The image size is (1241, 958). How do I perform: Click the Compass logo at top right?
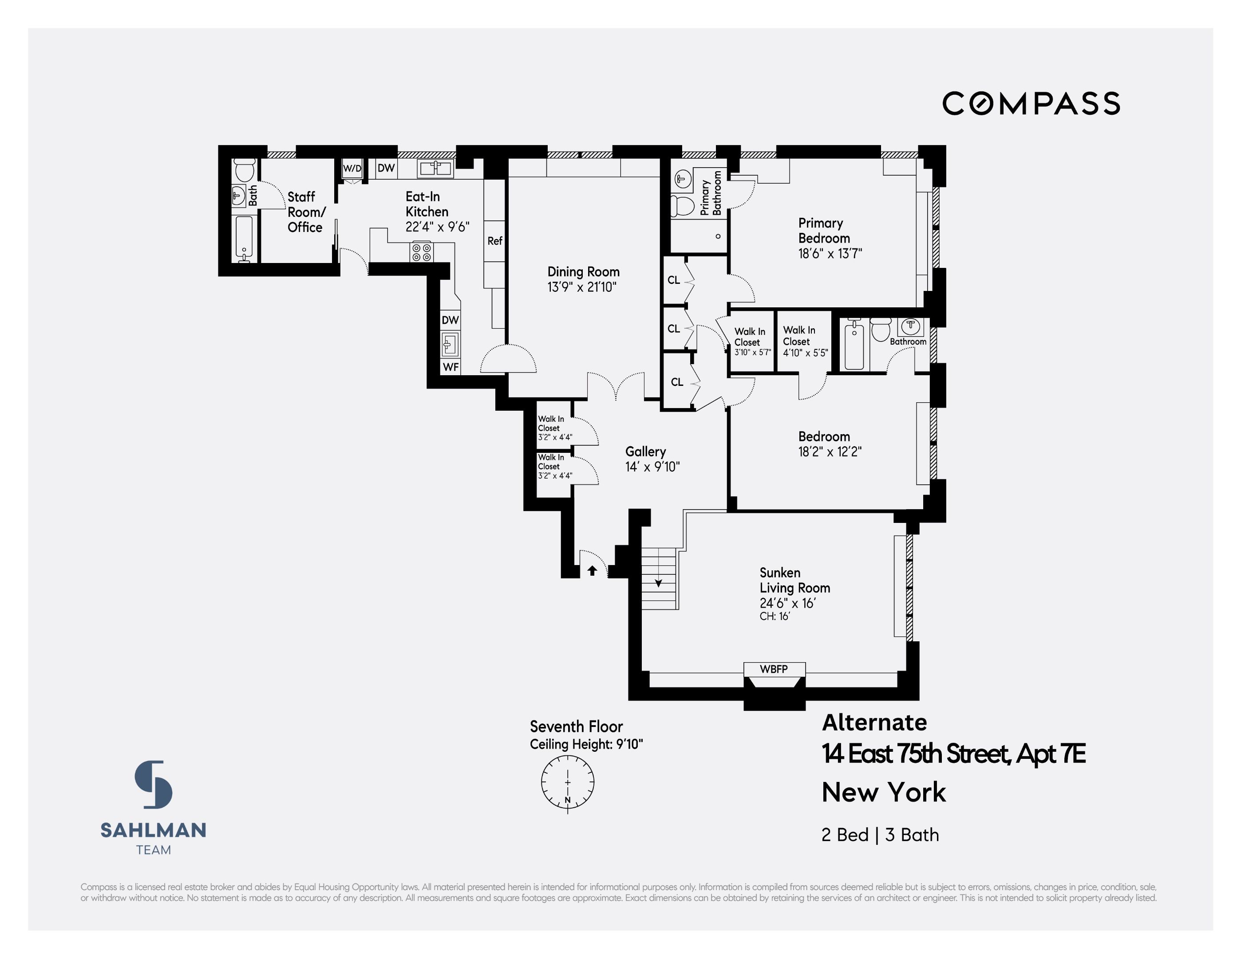(1031, 103)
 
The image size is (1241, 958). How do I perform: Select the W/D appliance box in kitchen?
(352, 169)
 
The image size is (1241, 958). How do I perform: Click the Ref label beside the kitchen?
(494, 241)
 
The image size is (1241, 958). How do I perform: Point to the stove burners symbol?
(422, 252)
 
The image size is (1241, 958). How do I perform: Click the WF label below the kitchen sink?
(451, 367)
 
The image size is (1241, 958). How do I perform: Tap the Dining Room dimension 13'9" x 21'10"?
(581, 287)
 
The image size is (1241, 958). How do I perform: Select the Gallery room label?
(645, 452)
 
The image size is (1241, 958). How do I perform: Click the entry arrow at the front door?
(592, 570)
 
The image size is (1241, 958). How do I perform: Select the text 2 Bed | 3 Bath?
(880, 835)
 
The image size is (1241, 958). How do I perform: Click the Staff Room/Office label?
(306, 212)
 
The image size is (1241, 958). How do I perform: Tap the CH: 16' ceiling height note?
(775, 616)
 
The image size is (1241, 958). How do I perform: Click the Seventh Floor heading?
(576, 727)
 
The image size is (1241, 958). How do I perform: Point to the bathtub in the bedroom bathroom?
(854, 345)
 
